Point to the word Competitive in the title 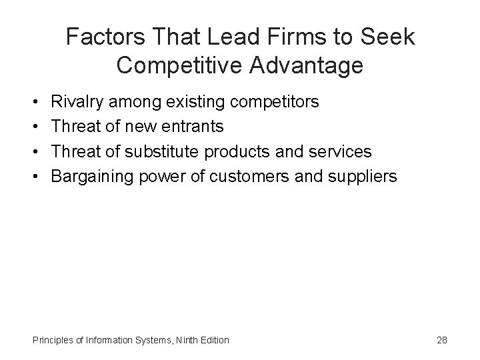coord(175,65)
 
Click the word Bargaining coord(93,176)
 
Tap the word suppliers coord(362,176)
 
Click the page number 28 coord(441,340)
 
